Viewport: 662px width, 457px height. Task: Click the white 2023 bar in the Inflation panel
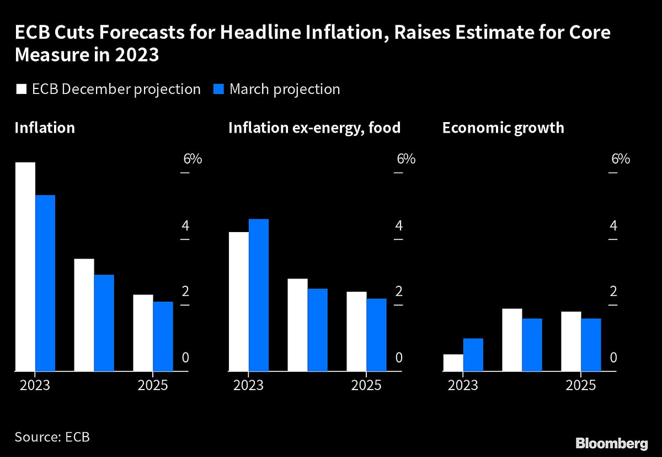pyautogui.click(x=25, y=266)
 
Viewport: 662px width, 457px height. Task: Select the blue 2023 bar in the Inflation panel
pyautogui.click(x=45, y=283)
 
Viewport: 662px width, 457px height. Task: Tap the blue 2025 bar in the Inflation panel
pyautogui.click(x=163, y=336)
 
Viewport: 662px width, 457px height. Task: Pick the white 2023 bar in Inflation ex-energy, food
pyautogui.click(x=239, y=301)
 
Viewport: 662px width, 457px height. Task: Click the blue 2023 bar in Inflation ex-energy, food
pyautogui.click(x=259, y=295)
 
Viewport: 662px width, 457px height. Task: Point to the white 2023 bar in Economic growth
pyautogui.click(x=453, y=363)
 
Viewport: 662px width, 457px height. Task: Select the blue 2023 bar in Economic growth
pyautogui.click(x=473, y=354)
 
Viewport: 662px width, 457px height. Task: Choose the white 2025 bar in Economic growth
pyautogui.click(x=571, y=341)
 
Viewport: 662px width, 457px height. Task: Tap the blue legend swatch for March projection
pyautogui.click(x=218, y=90)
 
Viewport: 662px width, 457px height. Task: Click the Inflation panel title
pyautogui.click(x=45, y=128)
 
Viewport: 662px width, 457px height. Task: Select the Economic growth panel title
pyautogui.click(x=503, y=128)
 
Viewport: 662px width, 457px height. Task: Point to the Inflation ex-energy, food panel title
pyautogui.click(x=314, y=128)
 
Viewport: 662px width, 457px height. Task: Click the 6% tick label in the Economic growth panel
pyautogui.click(x=621, y=159)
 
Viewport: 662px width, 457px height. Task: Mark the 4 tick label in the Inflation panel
pyautogui.click(x=185, y=225)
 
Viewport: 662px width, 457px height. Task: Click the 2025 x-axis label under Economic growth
pyautogui.click(x=581, y=385)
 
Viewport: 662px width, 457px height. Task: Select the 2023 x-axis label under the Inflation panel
pyautogui.click(x=35, y=385)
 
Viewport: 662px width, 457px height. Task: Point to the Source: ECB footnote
pyautogui.click(x=52, y=437)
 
